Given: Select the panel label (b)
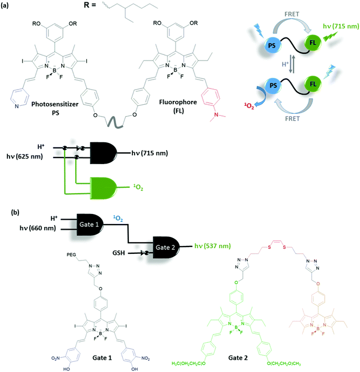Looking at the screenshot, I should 16,212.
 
